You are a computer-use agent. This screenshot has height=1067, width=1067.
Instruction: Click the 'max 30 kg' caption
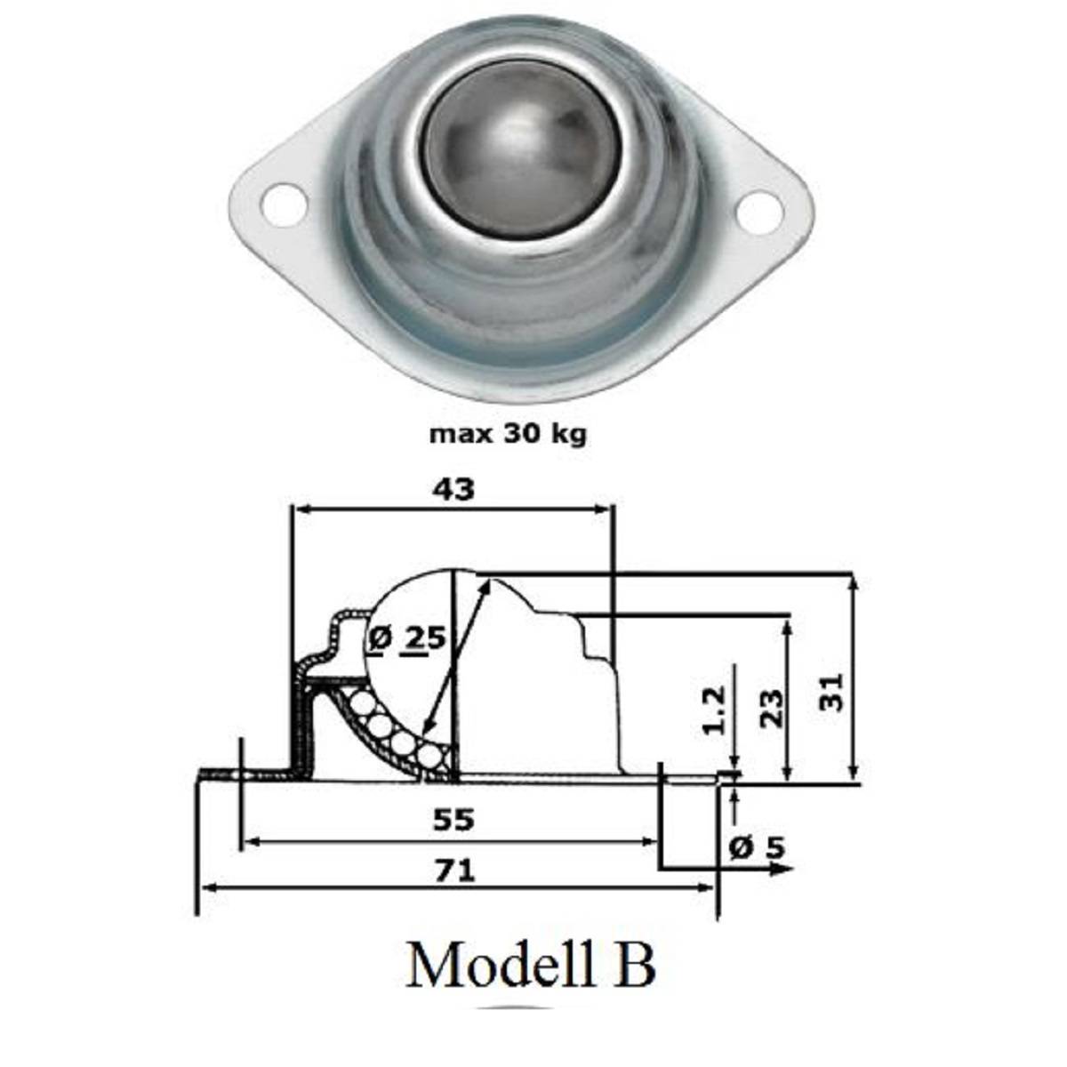[508, 435]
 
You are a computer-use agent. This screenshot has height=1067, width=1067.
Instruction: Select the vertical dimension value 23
[774, 708]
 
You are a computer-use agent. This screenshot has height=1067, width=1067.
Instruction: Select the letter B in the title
[635, 966]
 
